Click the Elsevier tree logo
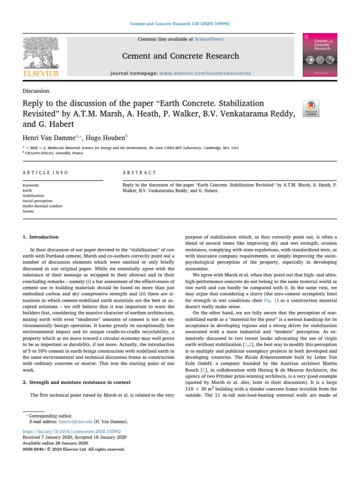41,55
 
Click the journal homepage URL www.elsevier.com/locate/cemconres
205,73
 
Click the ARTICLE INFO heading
45,172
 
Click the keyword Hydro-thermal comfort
42,206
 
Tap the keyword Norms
29,211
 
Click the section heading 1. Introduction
41,237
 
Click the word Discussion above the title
36,91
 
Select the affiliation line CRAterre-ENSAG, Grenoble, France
56,153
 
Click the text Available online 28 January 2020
55,443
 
